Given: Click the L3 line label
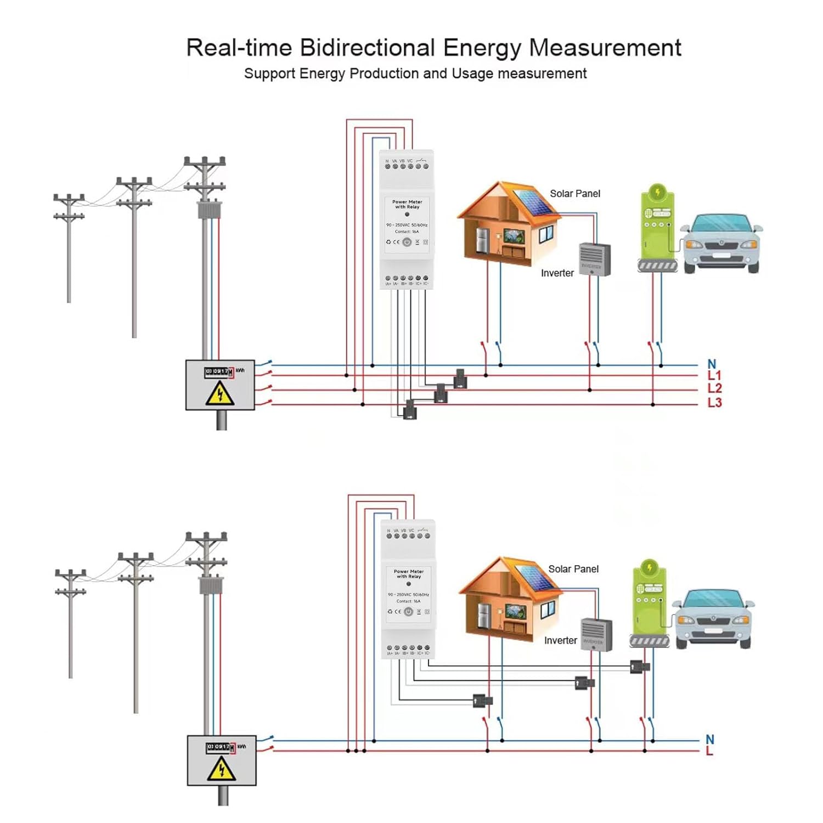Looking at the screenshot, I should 714,403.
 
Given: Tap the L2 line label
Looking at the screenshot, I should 714,388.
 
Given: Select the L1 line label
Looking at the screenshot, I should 714,376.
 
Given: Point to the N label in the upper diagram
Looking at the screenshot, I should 712,364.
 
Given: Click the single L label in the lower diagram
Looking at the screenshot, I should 709,751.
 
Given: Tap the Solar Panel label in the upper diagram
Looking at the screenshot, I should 574,194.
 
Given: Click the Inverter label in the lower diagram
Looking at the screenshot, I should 560,640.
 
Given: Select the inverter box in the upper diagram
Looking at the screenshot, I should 595,259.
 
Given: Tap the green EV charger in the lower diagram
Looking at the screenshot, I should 650,604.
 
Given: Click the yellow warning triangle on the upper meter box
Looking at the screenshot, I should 220,394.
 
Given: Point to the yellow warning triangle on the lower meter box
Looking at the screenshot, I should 221,769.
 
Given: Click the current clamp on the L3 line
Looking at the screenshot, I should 410,409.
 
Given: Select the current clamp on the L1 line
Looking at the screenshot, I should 460,379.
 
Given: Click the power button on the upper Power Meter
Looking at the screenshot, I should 407,242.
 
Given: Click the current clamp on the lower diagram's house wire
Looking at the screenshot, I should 482,701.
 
